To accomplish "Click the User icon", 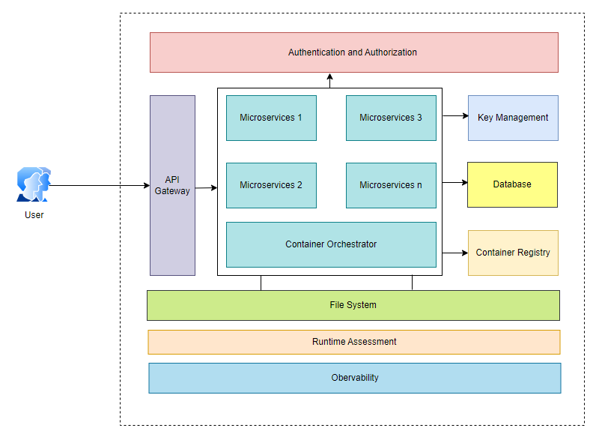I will pyautogui.click(x=33, y=185).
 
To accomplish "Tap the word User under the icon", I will pyautogui.click(x=34, y=215).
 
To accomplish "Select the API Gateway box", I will pyautogui.click(x=172, y=185).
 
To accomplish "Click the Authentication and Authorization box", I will pyautogui.click(x=353, y=52).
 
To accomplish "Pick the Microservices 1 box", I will pyautogui.click(x=271, y=118).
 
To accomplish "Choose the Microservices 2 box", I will pyautogui.click(x=271, y=185).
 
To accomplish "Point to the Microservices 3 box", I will pyautogui.click(x=391, y=118).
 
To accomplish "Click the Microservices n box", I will pyautogui.click(x=391, y=185).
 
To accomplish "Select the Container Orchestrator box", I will pyautogui.click(x=331, y=244).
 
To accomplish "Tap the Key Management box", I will pyautogui.click(x=513, y=118).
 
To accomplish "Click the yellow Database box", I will pyautogui.click(x=512, y=184).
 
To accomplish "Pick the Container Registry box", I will pyautogui.click(x=513, y=253).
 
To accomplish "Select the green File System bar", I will pyautogui.click(x=353, y=305).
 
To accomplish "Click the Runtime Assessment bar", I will pyautogui.click(x=353, y=342).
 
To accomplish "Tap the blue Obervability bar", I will pyautogui.click(x=354, y=378).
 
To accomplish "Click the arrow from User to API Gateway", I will pyautogui.click(x=97, y=185).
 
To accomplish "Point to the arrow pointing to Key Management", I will pyautogui.click(x=454, y=117).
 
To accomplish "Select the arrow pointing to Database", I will pyautogui.click(x=454, y=182).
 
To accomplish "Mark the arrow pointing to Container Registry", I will pyautogui.click(x=454, y=253).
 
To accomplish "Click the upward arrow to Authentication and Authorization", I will pyautogui.click(x=329, y=80).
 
